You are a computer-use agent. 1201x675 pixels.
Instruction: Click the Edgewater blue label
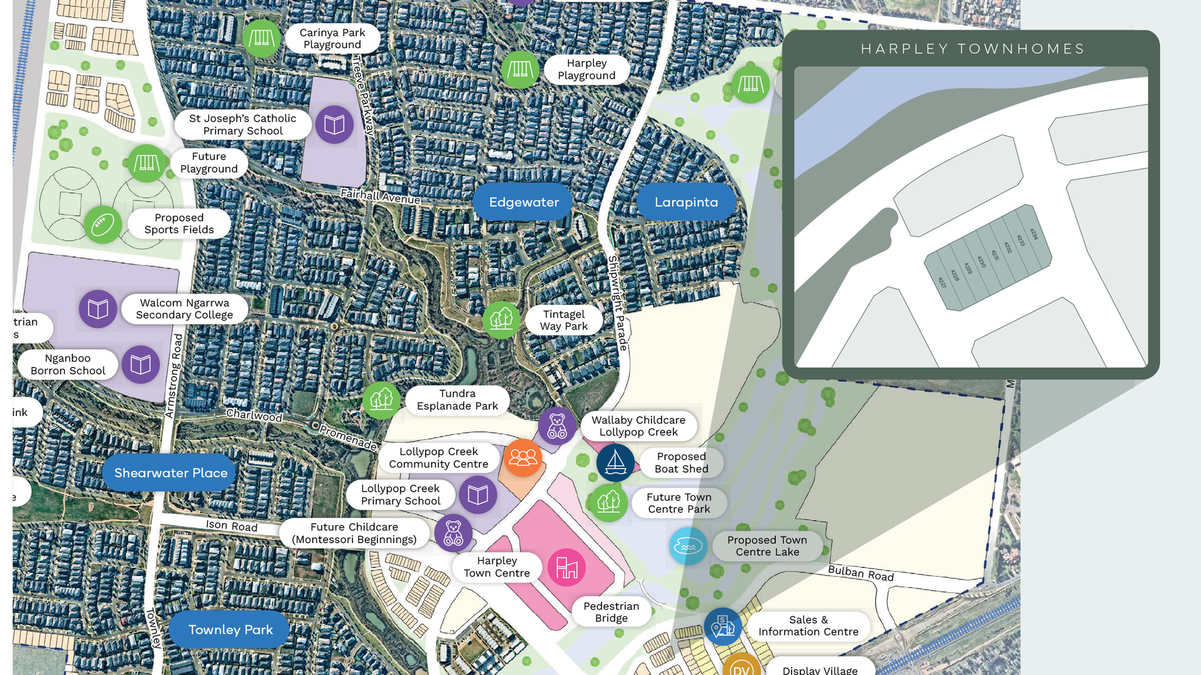(523, 202)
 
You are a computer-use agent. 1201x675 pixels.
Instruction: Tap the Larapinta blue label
(686, 202)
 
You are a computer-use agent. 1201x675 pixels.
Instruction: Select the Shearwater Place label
(170, 473)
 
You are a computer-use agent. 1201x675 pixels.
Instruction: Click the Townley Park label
(230, 630)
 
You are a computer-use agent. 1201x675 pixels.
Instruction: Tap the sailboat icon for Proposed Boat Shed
(615, 462)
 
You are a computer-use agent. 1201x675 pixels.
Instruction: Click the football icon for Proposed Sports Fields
(102, 224)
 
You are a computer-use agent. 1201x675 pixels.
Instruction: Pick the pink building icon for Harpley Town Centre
(566, 567)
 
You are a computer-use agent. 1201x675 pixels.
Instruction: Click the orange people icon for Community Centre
(523, 458)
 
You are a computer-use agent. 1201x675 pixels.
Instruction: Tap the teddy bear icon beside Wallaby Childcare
(557, 426)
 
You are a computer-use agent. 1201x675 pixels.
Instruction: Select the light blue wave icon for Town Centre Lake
(688, 546)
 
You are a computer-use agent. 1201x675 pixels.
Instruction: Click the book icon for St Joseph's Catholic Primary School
(334, 125)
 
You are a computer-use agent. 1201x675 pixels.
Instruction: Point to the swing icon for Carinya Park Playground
(262, 39)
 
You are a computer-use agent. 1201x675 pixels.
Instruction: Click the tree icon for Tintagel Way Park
(501, 320)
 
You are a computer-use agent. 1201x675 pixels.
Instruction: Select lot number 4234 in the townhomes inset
(1033, 234)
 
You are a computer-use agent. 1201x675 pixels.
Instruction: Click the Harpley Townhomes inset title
(972, 49)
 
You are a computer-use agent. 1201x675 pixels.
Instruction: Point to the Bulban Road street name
(861, 574)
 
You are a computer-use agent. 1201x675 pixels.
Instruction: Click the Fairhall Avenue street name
(381, 196)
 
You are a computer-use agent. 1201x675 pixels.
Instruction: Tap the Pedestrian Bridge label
(611, 612)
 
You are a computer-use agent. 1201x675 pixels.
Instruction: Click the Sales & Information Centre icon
(723, 627)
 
